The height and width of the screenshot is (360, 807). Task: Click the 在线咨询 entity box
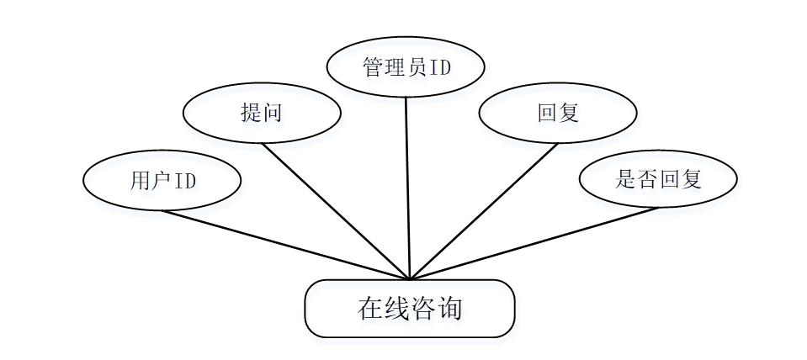[409, 308]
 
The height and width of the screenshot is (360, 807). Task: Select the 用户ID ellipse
[162, 180]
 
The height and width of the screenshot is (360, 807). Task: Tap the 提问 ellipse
[261, 113]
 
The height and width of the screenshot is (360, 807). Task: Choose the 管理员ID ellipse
[406, 67]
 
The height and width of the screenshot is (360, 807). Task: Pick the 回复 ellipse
[558, 113]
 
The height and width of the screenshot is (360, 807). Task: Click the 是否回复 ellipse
[658, 179]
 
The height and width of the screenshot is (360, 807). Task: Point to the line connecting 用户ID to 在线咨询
[286, 245]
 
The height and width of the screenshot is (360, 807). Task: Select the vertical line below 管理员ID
[407, 185]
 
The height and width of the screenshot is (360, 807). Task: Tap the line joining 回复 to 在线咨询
[484, 211]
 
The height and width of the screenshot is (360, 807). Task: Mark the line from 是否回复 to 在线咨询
[534, 243]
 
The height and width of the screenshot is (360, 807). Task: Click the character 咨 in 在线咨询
[423, 309]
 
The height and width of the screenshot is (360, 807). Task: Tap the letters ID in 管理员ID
[440, 67]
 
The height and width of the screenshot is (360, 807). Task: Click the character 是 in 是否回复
[625, 179]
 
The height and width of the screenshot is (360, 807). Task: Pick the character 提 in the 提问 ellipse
[250, 113]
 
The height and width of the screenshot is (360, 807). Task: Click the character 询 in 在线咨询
[450, 309]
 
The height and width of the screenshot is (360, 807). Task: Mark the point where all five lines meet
[409, 278]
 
